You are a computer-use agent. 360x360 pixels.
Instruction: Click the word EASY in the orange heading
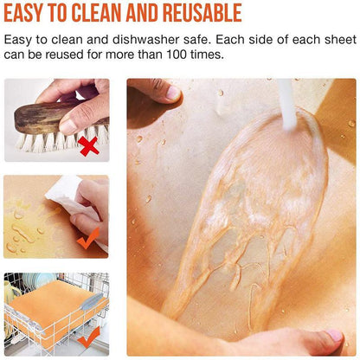coord(30,13)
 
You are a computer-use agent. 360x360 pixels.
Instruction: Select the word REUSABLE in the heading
coord(198,13)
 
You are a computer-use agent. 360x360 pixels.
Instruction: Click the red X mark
coord(88,146)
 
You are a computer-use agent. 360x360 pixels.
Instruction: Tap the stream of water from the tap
coord(286,108)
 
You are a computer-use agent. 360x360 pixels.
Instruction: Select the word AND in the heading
coord(152,13)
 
